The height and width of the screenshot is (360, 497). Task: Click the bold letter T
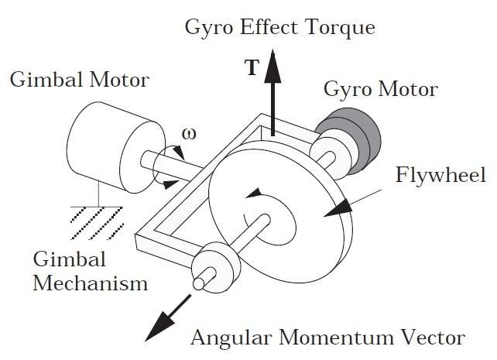pos(252,68)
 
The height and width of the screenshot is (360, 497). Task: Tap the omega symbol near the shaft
pos(190,134)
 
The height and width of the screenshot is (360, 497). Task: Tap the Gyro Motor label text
pos(382,90)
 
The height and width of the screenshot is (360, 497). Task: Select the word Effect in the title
pos(266,29)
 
